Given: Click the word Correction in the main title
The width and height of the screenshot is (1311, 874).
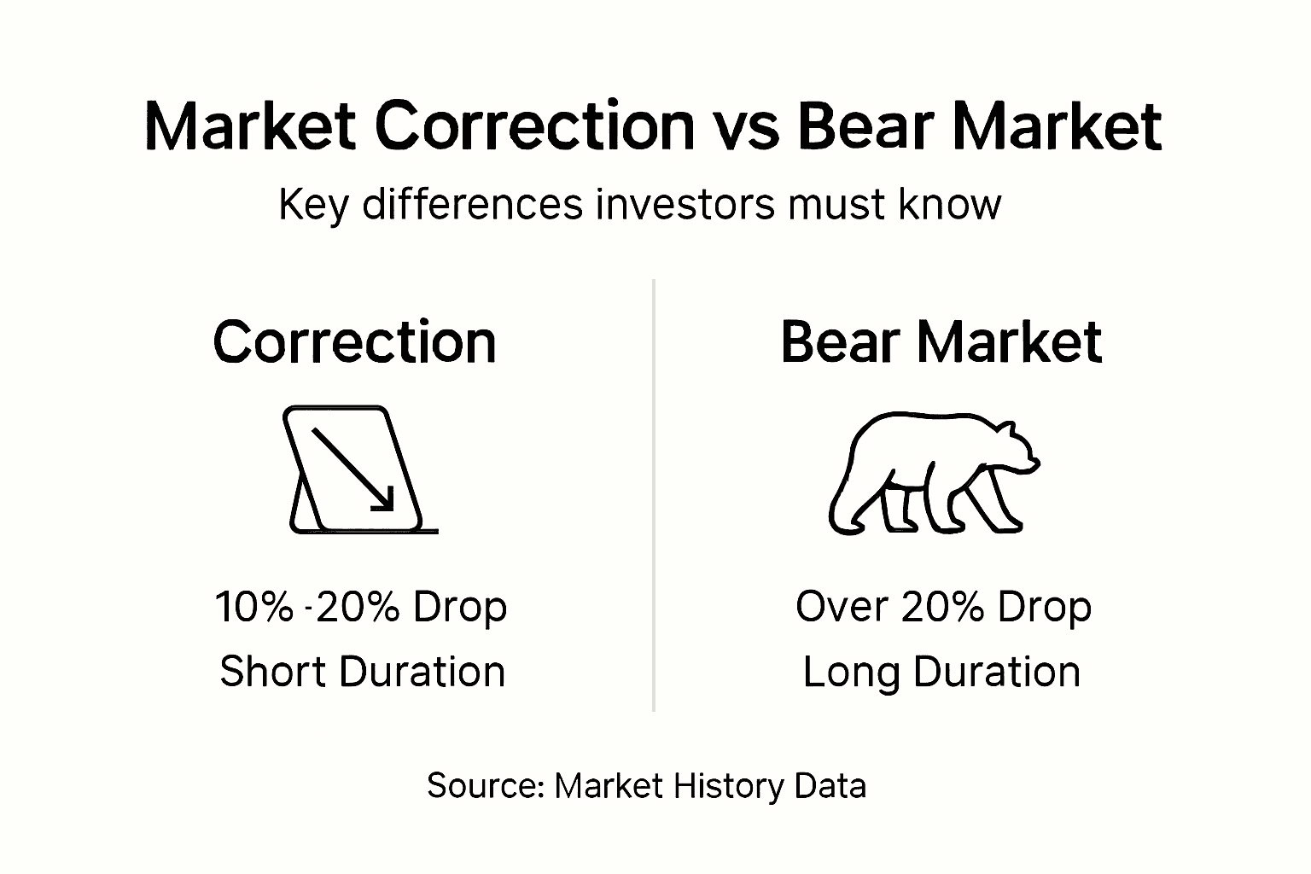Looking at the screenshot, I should [534, 126].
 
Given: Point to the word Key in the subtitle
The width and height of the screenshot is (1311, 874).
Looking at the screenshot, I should [312, 205].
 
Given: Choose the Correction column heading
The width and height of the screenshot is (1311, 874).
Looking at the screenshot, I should [354, 342].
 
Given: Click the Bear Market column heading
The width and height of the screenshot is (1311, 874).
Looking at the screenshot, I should [941, 342].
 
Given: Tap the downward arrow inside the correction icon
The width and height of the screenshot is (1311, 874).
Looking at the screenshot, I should [353, 469].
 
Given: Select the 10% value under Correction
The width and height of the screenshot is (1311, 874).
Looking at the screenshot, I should [253, 607].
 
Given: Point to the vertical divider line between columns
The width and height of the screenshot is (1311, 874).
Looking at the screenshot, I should [654, 495].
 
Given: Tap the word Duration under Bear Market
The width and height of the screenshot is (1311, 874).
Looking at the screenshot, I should [997, 672].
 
